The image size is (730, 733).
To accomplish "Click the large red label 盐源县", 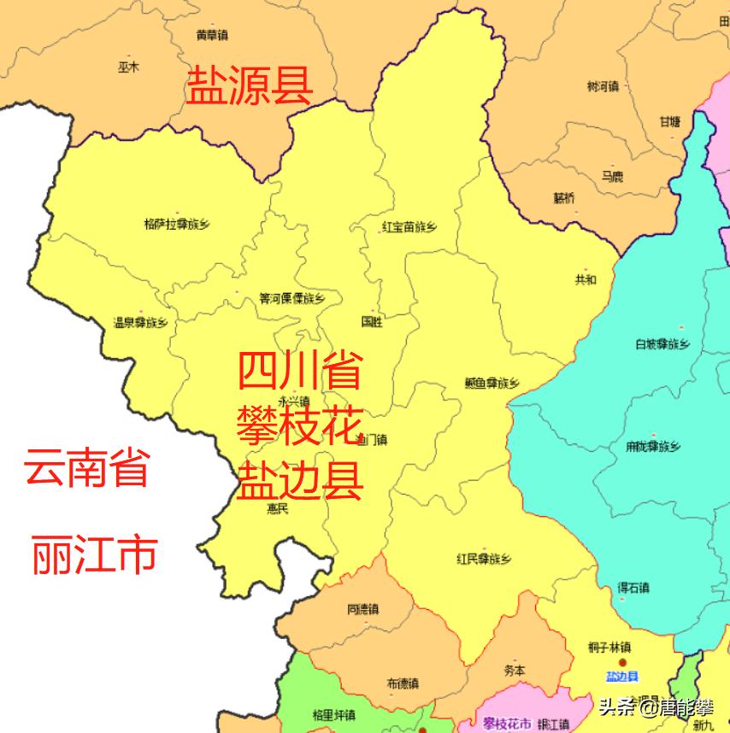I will point(250,86).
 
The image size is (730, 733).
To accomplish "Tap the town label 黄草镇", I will point(211,36).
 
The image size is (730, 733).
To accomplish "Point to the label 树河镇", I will point(603,86).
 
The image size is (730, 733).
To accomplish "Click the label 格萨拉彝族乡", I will point(177,225).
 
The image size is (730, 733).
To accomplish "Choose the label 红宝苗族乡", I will point(409,227).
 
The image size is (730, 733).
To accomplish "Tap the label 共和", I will point(586,279).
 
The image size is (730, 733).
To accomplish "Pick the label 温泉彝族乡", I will point(140,323).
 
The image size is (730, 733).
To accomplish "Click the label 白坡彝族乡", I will point(662,344).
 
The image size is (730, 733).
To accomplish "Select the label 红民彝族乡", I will point(484,560).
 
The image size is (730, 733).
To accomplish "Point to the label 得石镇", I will point(633,588).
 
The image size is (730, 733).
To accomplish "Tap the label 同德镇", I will point(362,609).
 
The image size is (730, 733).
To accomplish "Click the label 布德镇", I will point(402,683).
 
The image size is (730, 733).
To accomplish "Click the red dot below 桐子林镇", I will point(622,662).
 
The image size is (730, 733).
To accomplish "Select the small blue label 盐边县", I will point(621,677).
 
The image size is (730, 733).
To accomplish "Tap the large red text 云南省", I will point(86,468).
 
